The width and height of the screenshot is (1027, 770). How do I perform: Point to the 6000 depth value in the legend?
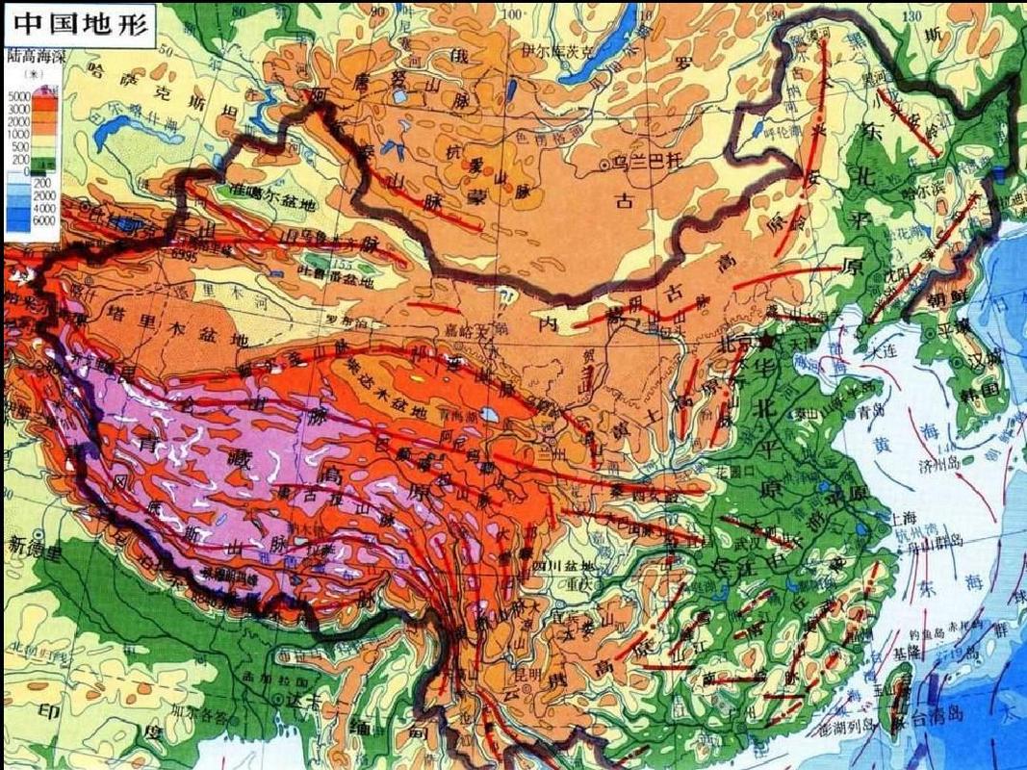click(17, 220)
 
